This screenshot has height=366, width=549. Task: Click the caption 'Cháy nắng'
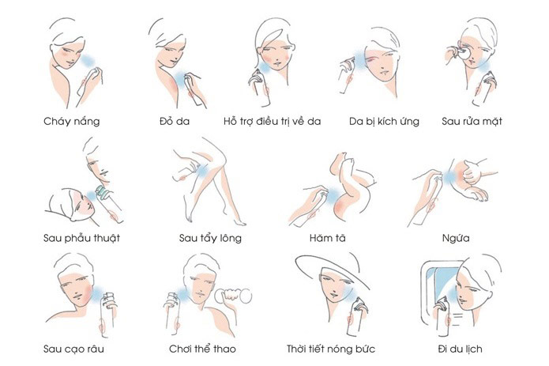[71, 122]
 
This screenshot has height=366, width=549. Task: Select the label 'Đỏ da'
[175, 121]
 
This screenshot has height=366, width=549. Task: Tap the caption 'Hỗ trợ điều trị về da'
[272, 121]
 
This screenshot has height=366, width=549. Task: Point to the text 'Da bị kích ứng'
[384, 122]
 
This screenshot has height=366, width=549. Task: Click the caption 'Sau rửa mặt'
[472, 121]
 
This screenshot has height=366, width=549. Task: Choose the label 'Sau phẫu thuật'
[81, 238]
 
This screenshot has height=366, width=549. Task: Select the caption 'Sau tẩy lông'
[210, 238]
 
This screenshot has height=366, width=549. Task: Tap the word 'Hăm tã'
[327, 238]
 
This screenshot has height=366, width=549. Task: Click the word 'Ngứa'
[456, 238]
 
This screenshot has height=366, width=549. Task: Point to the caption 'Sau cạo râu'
[73, 349]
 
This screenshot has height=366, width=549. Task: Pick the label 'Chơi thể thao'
[202, 349]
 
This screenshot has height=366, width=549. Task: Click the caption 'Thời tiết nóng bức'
[331, 349]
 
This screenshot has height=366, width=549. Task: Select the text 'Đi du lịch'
[460, 349]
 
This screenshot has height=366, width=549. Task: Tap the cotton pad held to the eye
[464, 54]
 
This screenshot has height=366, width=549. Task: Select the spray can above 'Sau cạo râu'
[107, 316]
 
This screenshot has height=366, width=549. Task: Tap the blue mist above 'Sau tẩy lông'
[202, 172]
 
